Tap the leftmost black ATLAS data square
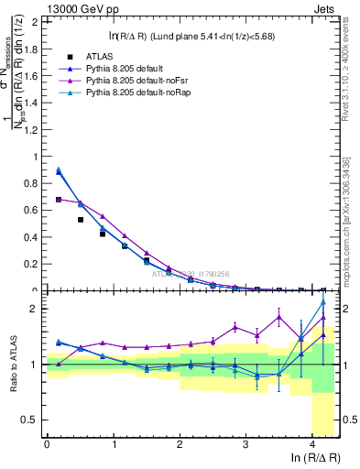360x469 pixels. (60, 200)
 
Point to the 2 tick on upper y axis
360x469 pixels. (38, 21)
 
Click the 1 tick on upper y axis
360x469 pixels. (38, 157)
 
